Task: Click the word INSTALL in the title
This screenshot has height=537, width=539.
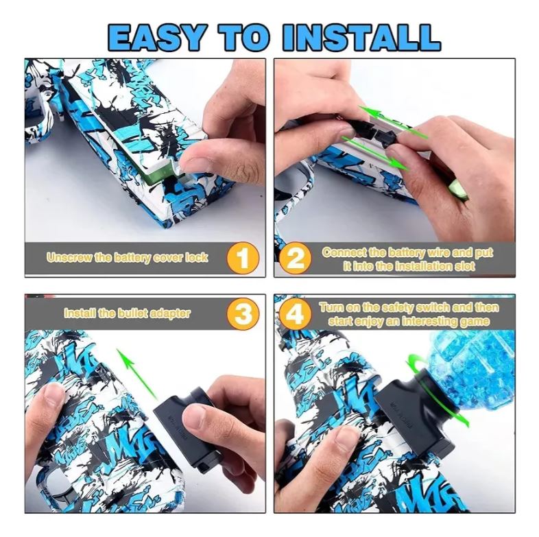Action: click(x=361, y=37)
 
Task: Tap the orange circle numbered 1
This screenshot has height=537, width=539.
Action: click(x=243, y=257)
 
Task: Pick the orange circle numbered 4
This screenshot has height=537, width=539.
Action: click(x=296, y=314)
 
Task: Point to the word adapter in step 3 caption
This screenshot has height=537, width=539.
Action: click(x=171, y=313)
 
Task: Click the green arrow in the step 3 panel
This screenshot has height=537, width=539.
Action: click(x=137, y=374)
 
